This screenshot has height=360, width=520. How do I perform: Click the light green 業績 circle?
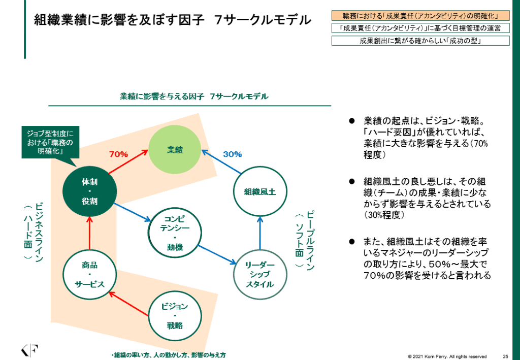point(175,149)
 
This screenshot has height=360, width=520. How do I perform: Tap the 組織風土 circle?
point(259,191)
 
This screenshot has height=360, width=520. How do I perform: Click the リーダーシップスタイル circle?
point(259,275)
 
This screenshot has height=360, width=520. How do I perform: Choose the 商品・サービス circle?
point(89,275)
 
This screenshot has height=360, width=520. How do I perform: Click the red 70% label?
point(119,154)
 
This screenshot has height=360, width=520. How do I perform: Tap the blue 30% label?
point(233,154)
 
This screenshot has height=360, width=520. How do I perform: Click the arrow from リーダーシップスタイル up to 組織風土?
point(259,233)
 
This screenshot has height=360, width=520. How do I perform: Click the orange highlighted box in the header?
point(420,16)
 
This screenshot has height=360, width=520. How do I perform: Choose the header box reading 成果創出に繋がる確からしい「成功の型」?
point(420,41)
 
